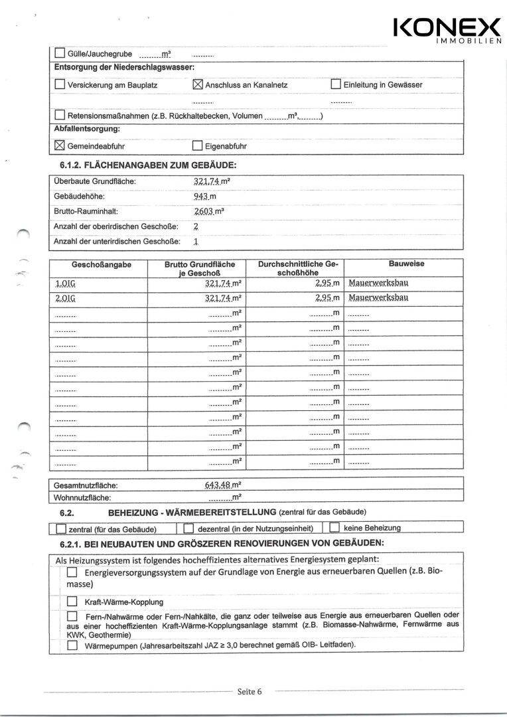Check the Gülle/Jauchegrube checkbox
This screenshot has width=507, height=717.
tap(60, 54)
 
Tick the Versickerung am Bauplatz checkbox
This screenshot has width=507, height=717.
tap(60, 84)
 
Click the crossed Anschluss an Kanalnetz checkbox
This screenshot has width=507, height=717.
tap(197, 84)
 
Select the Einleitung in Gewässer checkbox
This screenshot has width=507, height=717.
tap(336, 84)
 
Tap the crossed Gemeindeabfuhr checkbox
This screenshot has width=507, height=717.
tap(60, 145)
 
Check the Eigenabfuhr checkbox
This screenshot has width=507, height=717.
tap(197, 146)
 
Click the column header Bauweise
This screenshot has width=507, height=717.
tap(407, 264)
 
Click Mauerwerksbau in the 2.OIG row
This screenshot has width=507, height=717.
tap(378, 297)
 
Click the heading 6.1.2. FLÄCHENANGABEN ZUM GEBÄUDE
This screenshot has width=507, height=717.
tap(143, 165)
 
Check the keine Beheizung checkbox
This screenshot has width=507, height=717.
tap(334, 528)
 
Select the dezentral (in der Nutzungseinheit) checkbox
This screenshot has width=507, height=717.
tap(188, 528)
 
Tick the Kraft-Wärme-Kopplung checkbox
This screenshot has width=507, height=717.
tap(72, 601)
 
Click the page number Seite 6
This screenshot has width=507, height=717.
tap(250, 692)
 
